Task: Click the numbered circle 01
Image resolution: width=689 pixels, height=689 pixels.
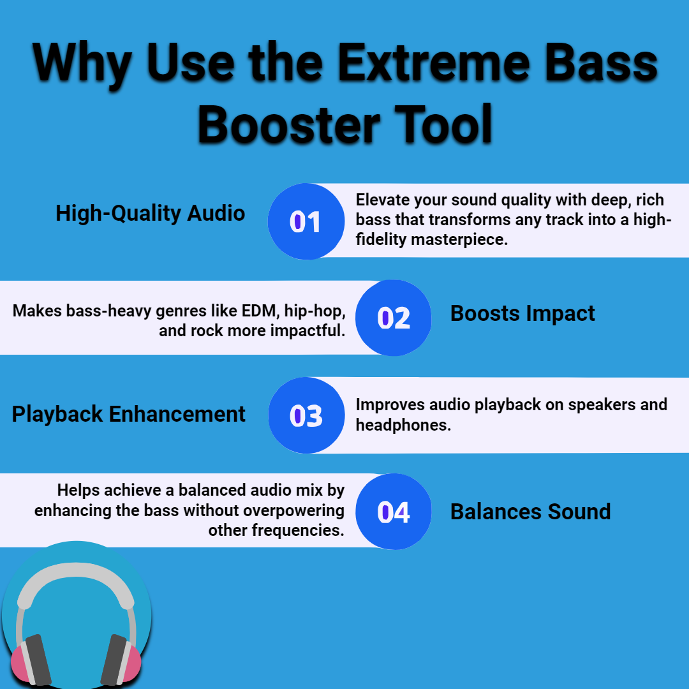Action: coord(306,221)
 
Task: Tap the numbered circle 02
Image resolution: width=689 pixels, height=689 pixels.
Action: coord(393,318)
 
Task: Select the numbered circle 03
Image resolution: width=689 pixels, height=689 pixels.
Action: coord(306,415)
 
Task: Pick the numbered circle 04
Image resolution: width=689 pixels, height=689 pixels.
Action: coord(393,512)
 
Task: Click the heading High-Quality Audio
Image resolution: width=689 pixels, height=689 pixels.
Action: coord(151,214)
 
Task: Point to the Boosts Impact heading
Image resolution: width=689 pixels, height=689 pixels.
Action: coord(522,314)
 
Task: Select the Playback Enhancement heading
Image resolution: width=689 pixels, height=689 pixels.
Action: coord(128,415)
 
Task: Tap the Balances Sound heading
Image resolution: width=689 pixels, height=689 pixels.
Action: coord(530,512)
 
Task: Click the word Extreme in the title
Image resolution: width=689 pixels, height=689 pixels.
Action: coord(434,63)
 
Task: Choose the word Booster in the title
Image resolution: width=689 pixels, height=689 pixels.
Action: coord(289,125)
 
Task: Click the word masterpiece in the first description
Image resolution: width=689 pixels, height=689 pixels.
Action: coord(459,240)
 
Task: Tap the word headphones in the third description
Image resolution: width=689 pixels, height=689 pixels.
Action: coord(403,425)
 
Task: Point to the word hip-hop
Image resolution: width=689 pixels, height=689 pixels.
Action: coord(315,311)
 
